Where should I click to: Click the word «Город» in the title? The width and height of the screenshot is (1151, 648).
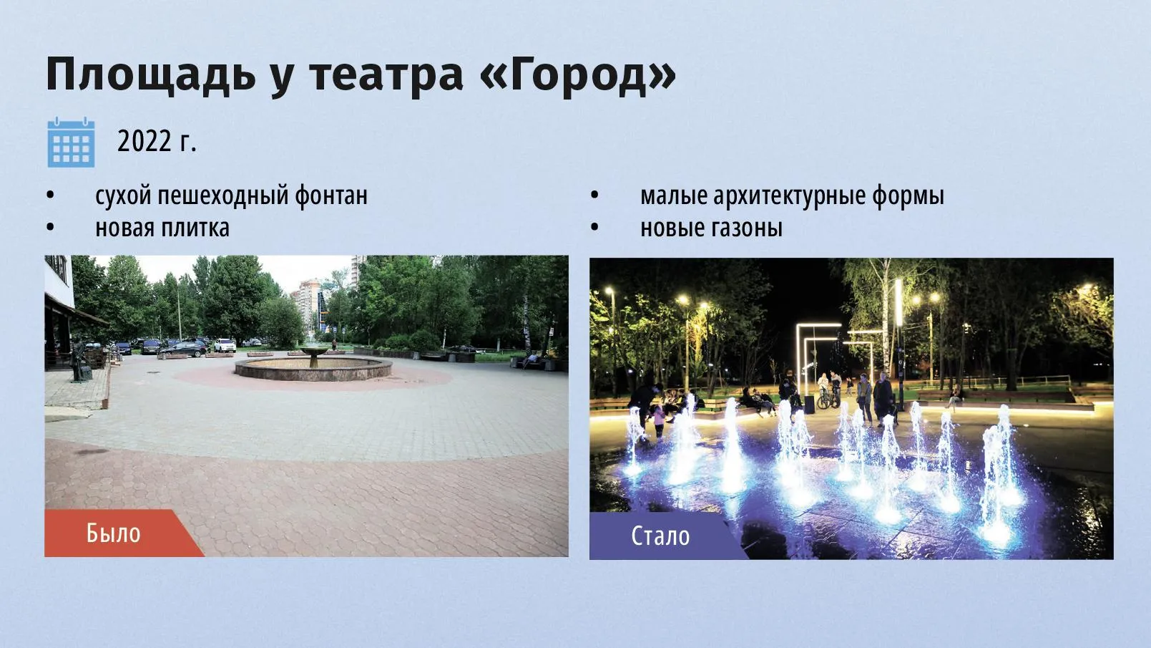(577, 74)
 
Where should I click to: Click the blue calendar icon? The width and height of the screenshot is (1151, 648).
(71, 142)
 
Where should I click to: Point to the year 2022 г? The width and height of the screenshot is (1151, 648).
(157, 142)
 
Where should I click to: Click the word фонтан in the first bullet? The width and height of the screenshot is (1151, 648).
(331, 195)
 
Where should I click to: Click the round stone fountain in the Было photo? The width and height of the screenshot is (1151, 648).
(313, 366)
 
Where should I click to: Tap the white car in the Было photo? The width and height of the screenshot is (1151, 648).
(225, 345)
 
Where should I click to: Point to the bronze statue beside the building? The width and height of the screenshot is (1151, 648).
(79, 360)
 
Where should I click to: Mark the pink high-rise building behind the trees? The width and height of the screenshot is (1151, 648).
(308, 304)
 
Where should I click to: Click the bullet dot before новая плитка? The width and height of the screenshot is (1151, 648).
(50, 228)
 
